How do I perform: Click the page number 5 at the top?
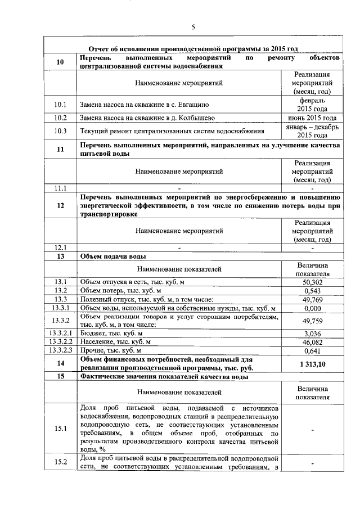193,27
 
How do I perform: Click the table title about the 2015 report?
193,49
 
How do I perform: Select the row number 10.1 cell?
60,104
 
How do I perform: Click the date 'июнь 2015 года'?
312,118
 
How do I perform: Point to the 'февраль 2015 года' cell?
312,104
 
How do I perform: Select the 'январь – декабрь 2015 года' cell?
312,132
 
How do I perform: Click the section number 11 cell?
60,149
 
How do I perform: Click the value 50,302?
312,282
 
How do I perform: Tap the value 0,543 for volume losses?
312,291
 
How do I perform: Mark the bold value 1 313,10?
312,364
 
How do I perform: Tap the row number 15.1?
60,429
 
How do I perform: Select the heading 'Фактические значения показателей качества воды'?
164,377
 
